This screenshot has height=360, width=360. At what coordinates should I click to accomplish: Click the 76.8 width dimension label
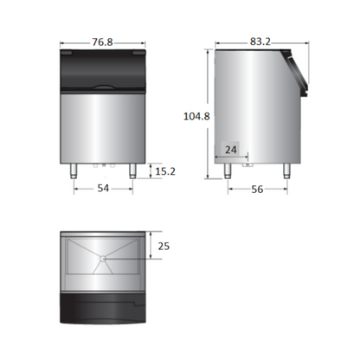tap(102, 42)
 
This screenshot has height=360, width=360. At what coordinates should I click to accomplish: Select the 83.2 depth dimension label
tap(260, 42)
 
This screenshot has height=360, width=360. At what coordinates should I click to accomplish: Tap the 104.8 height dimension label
tap(196, 116)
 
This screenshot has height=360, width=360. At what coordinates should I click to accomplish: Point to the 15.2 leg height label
tap(165, 171)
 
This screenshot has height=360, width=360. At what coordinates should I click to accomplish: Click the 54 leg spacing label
tap(103, 189)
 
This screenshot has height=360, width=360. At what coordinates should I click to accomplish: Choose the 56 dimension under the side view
tap(257, 190)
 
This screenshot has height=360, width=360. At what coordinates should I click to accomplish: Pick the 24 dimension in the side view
tap(231, 150)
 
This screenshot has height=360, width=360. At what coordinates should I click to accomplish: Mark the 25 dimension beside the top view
tap(164, 246)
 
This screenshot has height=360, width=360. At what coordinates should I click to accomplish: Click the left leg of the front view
tap(74, 171)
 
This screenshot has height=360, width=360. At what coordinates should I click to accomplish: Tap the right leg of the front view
tap(132, 171)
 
